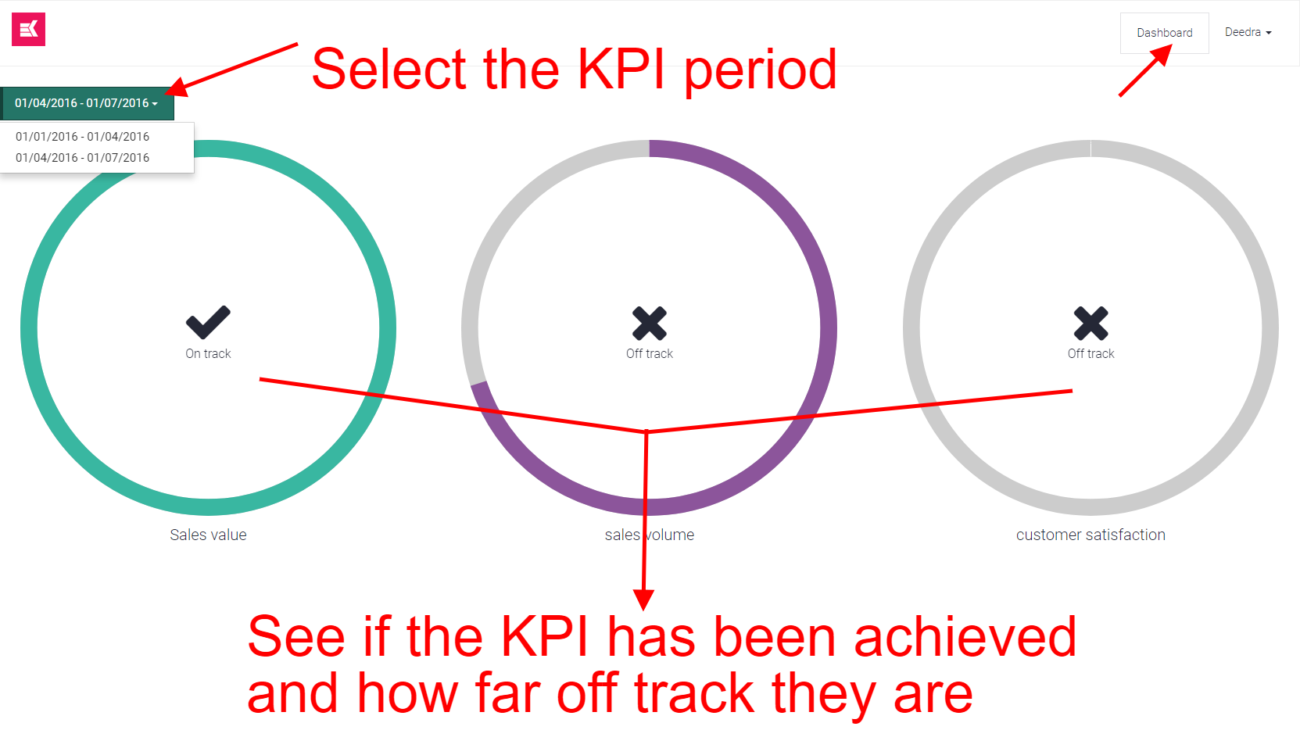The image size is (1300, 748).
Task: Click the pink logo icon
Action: click(x=28, y=29)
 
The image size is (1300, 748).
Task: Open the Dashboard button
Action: click(x=1164, y=33)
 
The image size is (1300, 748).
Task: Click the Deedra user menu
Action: click(x=1248, y=32)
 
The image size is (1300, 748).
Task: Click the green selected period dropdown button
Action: click(x=87, y=103)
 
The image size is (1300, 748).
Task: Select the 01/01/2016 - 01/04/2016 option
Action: click(x=82, y=136)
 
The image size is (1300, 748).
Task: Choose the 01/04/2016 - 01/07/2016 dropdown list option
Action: click(x=82, y=157)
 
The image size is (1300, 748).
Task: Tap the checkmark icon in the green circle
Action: click(x=209, y=322)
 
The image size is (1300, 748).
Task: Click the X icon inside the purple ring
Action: click(x=650, y=324)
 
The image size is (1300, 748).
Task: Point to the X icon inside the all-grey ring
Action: click(x=1091, y=324)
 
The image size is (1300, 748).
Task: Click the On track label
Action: click(x=209, y=353)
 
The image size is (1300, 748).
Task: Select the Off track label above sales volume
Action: click(x=650, y=353)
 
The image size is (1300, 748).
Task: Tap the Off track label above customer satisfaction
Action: click(x=1091, y=353)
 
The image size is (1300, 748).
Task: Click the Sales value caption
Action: click(x=209, y=535)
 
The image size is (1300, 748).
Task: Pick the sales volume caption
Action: click(x=650, y=535)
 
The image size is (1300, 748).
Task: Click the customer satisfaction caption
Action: click(x=1090, y=535)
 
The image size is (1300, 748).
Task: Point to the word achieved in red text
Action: click(x=965, y=637)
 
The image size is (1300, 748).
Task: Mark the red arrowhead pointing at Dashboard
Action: click(x=1161, y=55)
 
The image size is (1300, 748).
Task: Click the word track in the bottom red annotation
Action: click(x=694, y=693)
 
